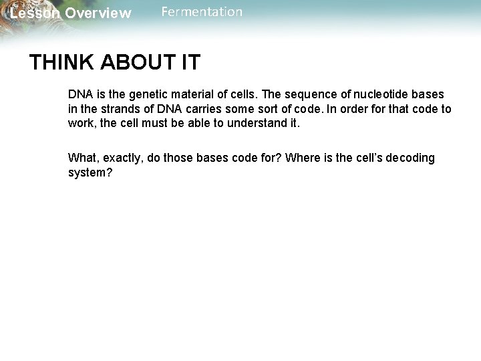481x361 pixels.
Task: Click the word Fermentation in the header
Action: pos(202,12)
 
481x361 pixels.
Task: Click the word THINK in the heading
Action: pos(61,63)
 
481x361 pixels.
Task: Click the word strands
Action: pos(117,109)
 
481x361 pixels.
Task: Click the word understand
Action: pos(254,123)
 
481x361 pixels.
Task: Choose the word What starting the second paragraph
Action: pos(82,158)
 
